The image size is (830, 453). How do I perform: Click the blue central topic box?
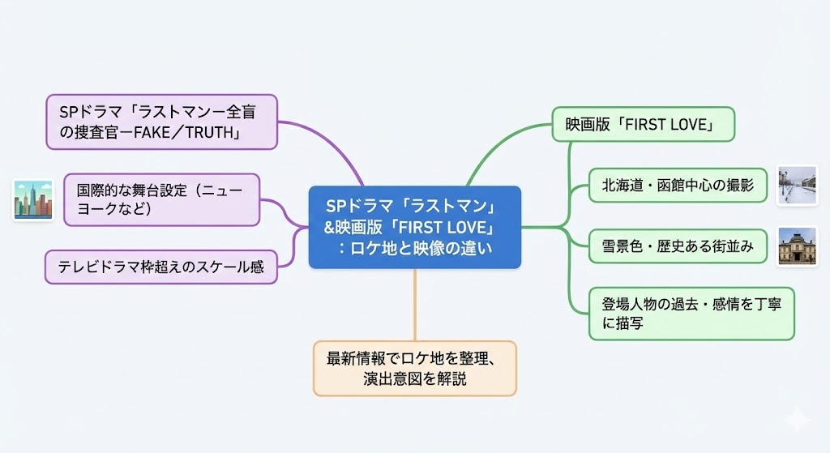pyautogui.click(x=414, y=227)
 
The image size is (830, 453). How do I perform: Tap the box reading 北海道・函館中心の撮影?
pyautogui.click(x=678, y=186)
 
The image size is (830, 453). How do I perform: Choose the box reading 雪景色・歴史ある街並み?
pyautogui.click(x=678, y=246)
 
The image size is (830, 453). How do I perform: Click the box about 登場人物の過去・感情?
pyautogui.click(x=691, y=313)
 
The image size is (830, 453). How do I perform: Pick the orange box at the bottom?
pyautogui.click(x=414, y=368)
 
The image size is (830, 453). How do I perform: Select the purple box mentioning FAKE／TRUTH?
pyautogui.click(x=161, y=122)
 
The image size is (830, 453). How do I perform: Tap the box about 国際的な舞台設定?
pyautogui.click(x=162, y=199)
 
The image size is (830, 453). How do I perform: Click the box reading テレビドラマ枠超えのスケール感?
pyautogui.click(x=160, y=267)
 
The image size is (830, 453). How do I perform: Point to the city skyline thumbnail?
pyautogui.click(x=33, y=199)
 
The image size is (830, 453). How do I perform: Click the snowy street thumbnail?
pyautogui.click(x=795, y=186)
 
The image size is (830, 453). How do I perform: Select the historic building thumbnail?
pyautogui.click(x=795, y=246)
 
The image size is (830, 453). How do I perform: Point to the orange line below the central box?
pyautogui.click(x=415, y=304)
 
